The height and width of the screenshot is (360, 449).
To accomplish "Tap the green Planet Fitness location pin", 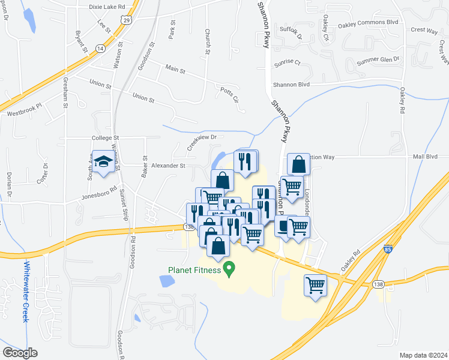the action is (x=228, y=268).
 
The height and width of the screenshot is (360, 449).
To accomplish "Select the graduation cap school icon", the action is (x=103, y=162).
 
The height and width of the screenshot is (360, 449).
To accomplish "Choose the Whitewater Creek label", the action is (x=26, y=292).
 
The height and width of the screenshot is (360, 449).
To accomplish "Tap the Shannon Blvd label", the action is (x=292, y=85).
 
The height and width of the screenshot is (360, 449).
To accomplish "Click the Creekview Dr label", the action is (x=201, y=142).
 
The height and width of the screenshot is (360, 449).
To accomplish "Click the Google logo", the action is (x=20, y=353).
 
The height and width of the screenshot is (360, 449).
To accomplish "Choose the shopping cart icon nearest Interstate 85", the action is (x=315, y=285).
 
